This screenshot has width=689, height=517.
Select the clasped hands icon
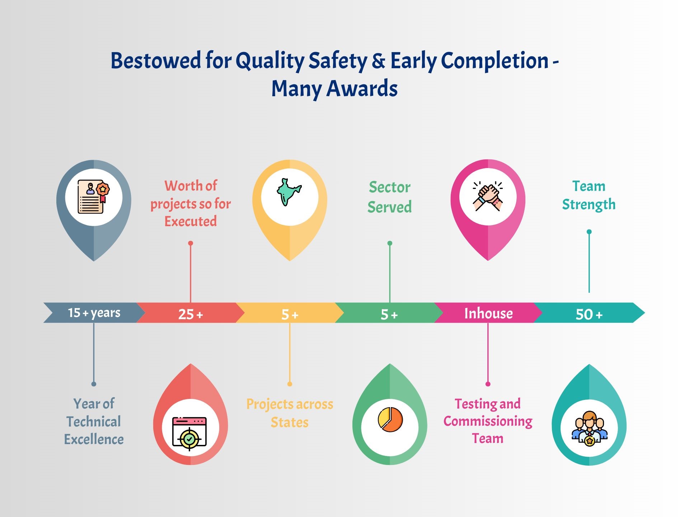click(488, 196)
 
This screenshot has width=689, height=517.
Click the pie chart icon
click(390, 419)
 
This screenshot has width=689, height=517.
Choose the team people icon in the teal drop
click(589, 429)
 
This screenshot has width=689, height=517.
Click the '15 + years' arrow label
click(94, 313)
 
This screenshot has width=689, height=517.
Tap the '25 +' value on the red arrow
click(191, 315)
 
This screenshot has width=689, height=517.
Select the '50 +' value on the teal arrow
click(589, 315)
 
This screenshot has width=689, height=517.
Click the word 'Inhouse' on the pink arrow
click(488, 313)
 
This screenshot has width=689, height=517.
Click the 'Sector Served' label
click(389, 197)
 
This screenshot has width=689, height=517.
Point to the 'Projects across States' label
click(290, 413)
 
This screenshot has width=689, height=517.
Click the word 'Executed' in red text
click(191, 221)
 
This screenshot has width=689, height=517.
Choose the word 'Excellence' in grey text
click(94, 439)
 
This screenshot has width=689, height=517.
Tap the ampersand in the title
click(379, 60)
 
